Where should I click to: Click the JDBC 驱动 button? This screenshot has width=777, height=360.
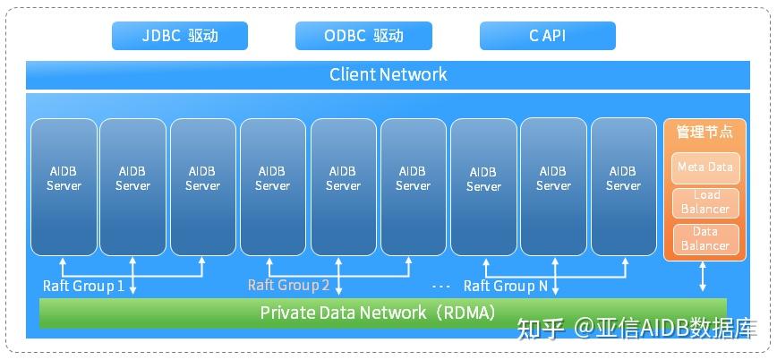point(179,36)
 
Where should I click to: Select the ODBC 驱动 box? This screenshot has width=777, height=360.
point(363,36)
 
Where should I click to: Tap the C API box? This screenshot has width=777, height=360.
point(547,36)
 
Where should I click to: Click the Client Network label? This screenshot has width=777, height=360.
point(388,74)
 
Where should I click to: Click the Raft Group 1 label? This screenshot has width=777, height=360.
point(83,286)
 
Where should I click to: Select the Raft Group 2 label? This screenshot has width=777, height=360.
point(288,286)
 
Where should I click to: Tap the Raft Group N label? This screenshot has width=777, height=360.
point(505,286)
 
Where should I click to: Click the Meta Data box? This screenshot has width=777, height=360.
point(704,167)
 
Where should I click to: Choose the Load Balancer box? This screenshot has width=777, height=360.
point(704,202)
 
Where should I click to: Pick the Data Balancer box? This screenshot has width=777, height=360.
point(704,238)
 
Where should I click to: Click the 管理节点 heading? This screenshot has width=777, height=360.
point(704,132)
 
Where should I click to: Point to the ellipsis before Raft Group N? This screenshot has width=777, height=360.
point(440,287)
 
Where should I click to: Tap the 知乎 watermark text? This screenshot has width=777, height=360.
point(542,329)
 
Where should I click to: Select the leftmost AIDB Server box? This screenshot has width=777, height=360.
point(64,186)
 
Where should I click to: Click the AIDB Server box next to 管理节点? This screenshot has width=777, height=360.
point(623,186)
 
